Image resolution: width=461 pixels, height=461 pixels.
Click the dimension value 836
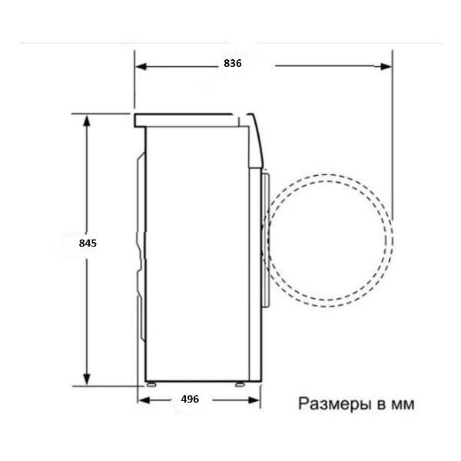click(233, 65)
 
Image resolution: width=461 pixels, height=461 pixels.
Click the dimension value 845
click(88, 244)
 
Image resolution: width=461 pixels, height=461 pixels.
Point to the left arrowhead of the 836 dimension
click(139, 65)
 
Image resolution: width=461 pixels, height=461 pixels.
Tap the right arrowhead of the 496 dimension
click(256, 400)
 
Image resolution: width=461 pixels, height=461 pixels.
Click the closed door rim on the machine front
click(265, 238)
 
